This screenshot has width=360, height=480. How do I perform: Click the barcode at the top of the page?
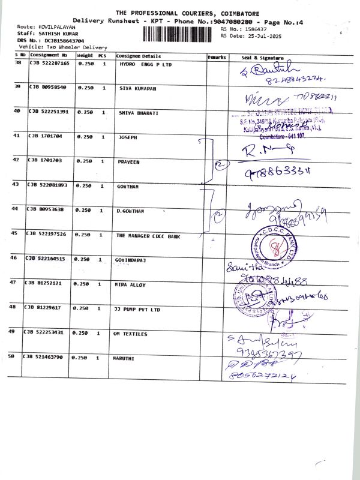coord(180,33)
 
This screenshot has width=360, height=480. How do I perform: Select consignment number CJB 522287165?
coord(49,63)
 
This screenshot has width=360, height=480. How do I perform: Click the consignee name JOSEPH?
coord(127,137)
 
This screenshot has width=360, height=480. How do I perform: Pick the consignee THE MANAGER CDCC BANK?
coord(148,236)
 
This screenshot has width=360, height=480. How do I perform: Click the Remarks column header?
coord(217,56)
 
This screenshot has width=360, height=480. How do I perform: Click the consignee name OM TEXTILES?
coord(130,334)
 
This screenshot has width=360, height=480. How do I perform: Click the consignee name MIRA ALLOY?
coord(130,285)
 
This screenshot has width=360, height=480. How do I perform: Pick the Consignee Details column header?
coord(139,56)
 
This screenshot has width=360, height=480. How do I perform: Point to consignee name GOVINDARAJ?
coord(131,260)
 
